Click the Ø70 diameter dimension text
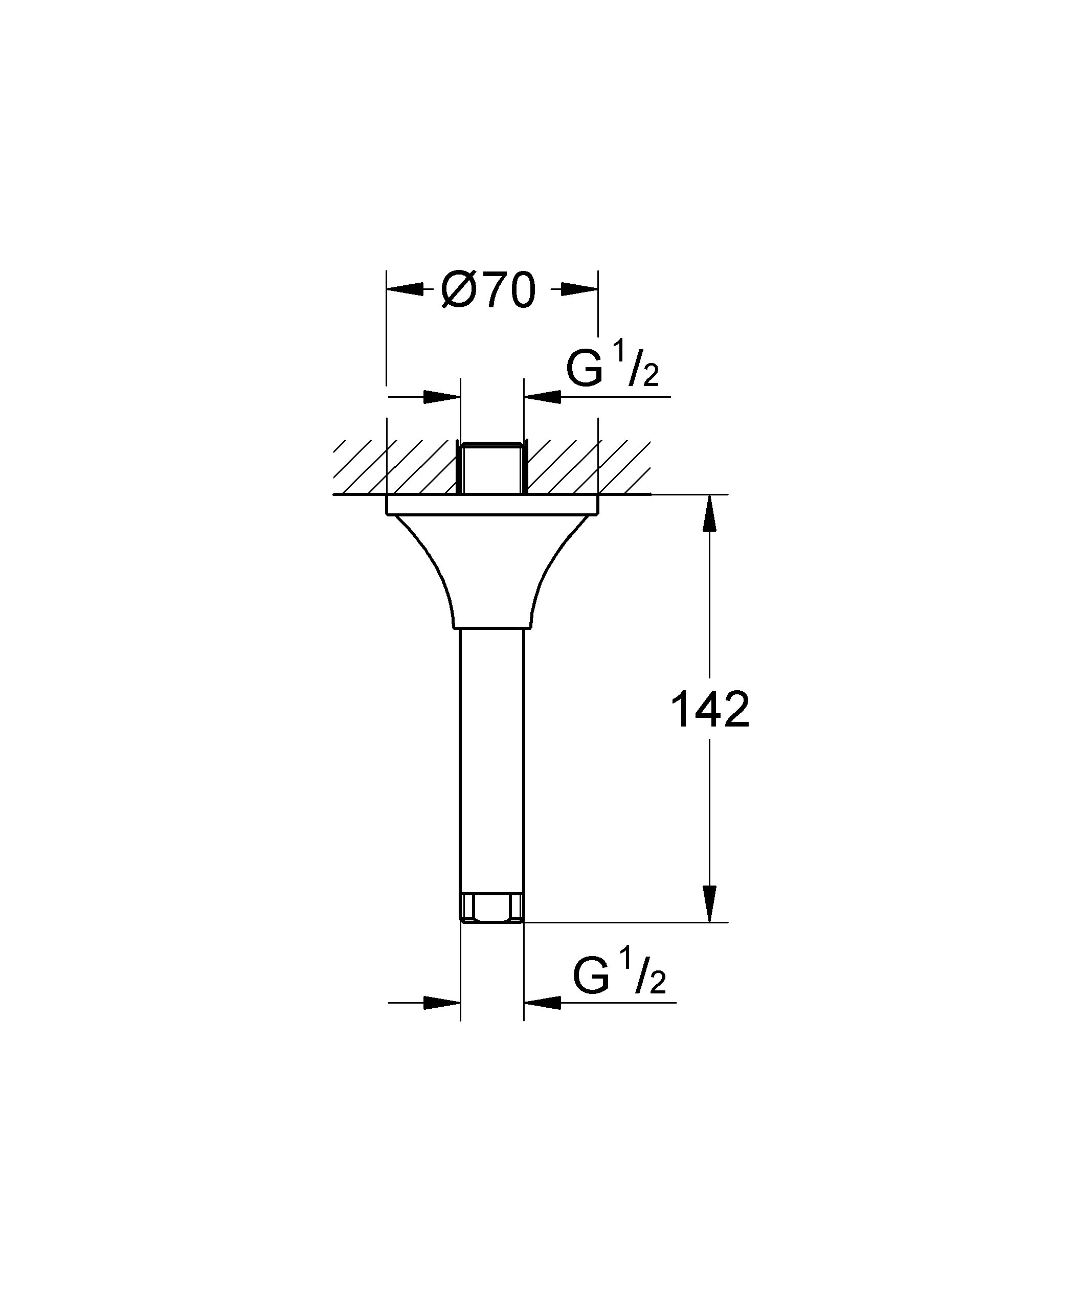489,290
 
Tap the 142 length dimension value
710,710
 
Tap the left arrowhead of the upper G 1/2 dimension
442,397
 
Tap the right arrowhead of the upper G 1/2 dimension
542,397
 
